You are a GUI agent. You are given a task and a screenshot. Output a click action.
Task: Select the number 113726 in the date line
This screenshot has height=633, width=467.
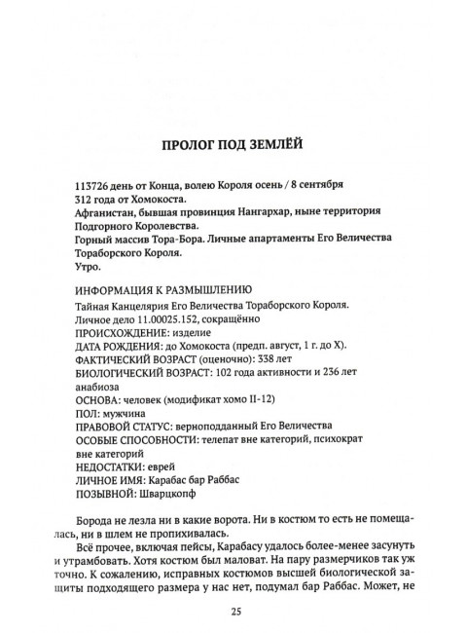coord(93,184)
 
